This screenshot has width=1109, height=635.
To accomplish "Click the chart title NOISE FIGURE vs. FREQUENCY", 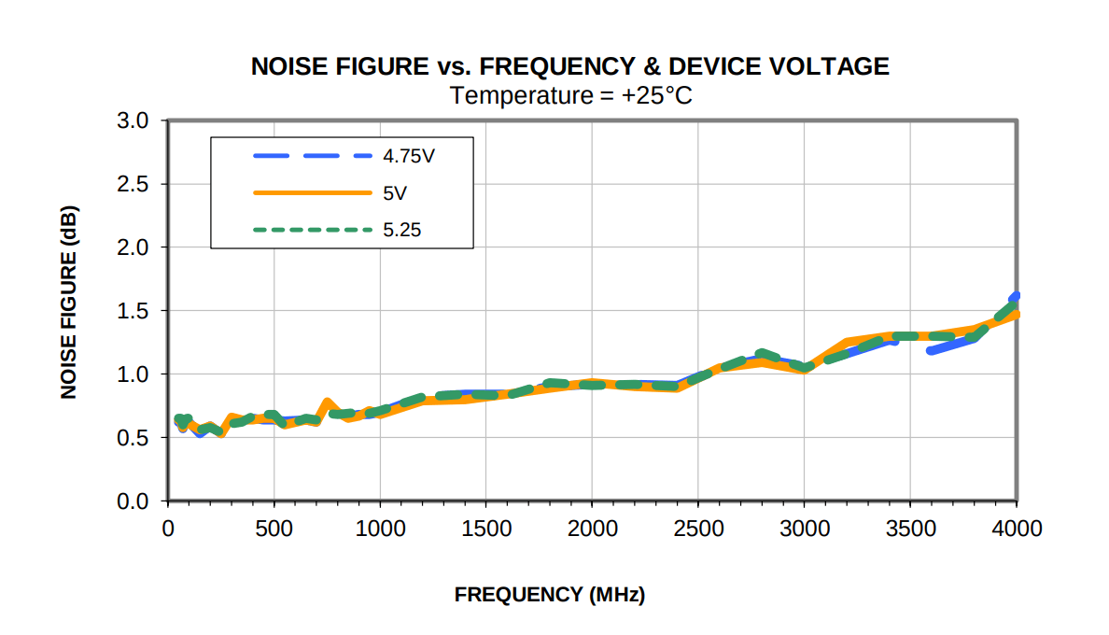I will coord(569,66).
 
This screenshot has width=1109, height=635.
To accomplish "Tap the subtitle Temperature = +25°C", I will coord(569,94).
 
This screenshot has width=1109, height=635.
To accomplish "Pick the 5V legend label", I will coord(394,192).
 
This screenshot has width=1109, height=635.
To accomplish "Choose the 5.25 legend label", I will coord(402,229).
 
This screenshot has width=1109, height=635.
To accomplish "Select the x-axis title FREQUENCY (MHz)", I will coord(550,595).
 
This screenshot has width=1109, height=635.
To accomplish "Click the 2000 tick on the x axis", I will coord(592,529).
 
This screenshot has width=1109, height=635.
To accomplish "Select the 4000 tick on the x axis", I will coord(1017,529).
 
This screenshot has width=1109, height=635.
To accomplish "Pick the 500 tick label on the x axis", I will coord(274,529).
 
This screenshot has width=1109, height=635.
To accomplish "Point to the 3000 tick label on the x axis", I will coord(805,529).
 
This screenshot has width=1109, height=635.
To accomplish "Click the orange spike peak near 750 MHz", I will coord(327,402).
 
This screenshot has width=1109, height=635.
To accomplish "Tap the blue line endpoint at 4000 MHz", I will coord(1016,296).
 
